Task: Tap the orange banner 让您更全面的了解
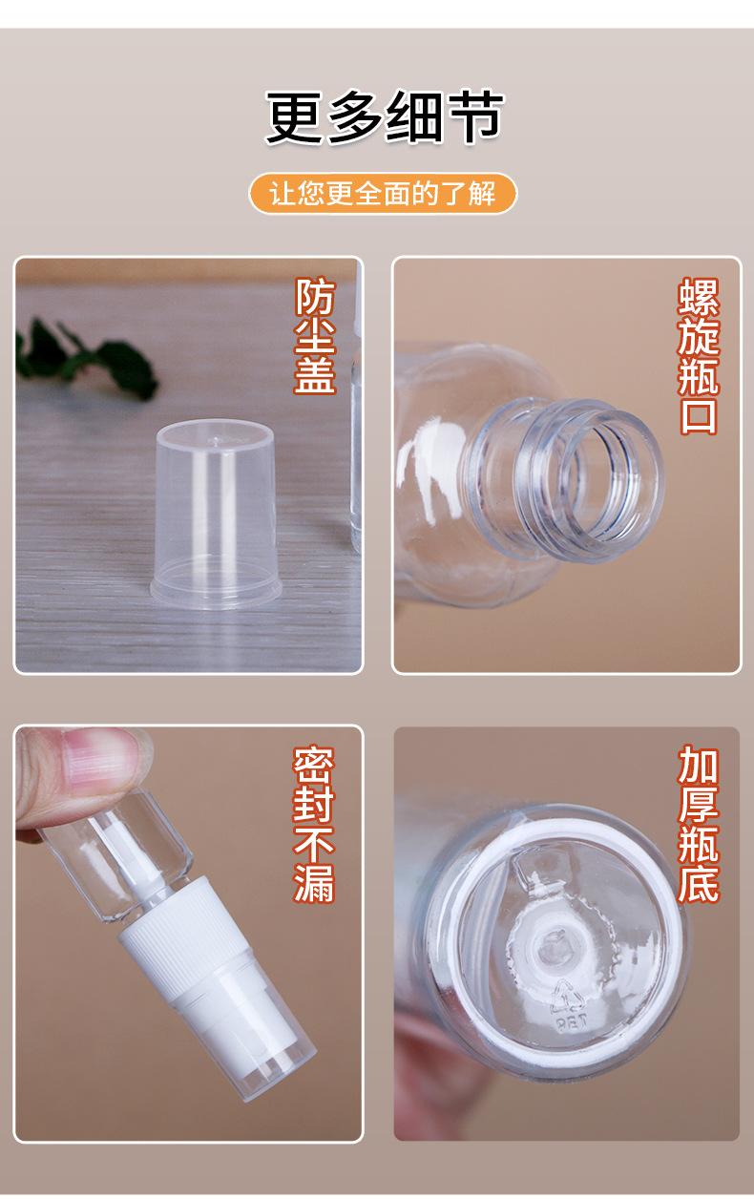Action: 383,194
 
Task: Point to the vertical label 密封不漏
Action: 314,825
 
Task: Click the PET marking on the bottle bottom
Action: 570,1021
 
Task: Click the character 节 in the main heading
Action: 472,118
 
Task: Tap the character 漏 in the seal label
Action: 314,884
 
